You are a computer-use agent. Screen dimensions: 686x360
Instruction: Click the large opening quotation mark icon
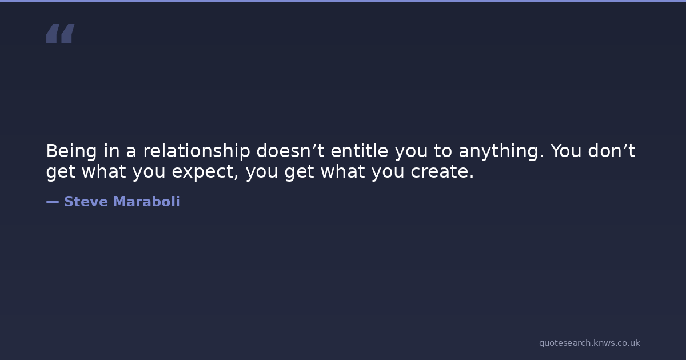pos(61,33)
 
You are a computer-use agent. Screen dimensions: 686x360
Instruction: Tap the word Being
pos(71,151)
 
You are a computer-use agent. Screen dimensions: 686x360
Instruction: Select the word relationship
pos(197,151)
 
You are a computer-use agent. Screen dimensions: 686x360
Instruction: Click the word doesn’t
pos(290,151)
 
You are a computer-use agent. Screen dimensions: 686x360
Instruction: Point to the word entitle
pos(360,151)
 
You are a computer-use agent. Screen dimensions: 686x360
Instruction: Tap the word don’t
pos(612,151)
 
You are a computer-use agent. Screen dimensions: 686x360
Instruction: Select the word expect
pos(205,172)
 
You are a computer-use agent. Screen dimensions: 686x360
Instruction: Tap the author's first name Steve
pos(86,202)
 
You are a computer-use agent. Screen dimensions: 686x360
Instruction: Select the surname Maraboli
pos(146,201)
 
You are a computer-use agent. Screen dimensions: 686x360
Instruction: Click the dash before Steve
pos(53,202)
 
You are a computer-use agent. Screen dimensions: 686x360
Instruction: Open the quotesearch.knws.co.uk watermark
pos(589,343)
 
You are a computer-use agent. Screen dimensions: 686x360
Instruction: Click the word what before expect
pos(104,171)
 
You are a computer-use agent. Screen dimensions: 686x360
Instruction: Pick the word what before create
pos(342,171)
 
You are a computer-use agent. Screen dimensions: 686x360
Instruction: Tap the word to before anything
pos(443,151)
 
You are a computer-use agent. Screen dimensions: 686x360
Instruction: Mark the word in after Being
pos(111,151)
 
